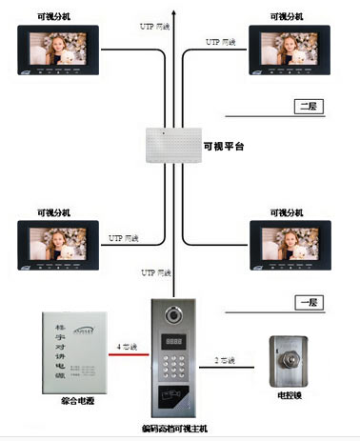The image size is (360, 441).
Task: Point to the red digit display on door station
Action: coord(176,340)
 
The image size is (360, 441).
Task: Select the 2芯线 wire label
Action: coord(226,359)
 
